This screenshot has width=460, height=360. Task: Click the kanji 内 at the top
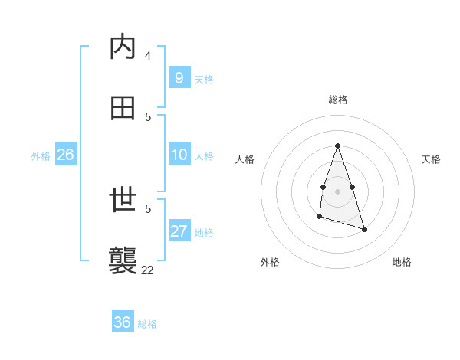pyautogui.click(x=123, y=47)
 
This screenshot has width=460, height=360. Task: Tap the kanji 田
pyautogui.click(x=123, y=108)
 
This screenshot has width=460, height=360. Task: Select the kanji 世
pyautogui.click(x=123, y=201)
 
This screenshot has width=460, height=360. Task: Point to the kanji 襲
pyautogui.click(x=123, y=260)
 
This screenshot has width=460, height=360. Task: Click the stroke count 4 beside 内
pyautogui.click(x=147, y=55)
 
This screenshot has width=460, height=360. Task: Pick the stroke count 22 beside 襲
pyautogui.click(x=147, y=269)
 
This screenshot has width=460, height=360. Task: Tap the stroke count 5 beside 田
pyautogui.click(x=148, y=116)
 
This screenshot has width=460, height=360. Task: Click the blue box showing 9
pyautogui.click(x=179, y=78)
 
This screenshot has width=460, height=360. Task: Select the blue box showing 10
pyautogui.click(x=179, y=155)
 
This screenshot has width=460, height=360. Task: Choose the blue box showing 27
pyautogui.click(x=179, y=231)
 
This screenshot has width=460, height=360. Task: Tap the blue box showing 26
pyautogui.click(x=65, y=155)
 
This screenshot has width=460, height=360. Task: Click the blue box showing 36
pyautogui.click(x=122, y=322)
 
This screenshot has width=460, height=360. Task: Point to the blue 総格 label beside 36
pyautogui.click(x=147, y=324)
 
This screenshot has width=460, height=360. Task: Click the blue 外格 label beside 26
pyautogui.click(x=41, y=156)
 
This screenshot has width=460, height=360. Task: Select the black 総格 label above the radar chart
pyautogui.click(x=338, y=100)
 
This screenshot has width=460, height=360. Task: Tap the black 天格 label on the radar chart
pyautogui.click(x=431, y=159)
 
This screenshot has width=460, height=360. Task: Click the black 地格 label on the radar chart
pyautogui.click(x=402, y=262)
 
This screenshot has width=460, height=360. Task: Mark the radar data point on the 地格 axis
pyautogui.click(x=364, y=229)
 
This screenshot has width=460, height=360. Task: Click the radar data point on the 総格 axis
pyautogui.click(x=337, y=146)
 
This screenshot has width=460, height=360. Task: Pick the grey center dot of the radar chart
pyautogui.click(x=337, y=190)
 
